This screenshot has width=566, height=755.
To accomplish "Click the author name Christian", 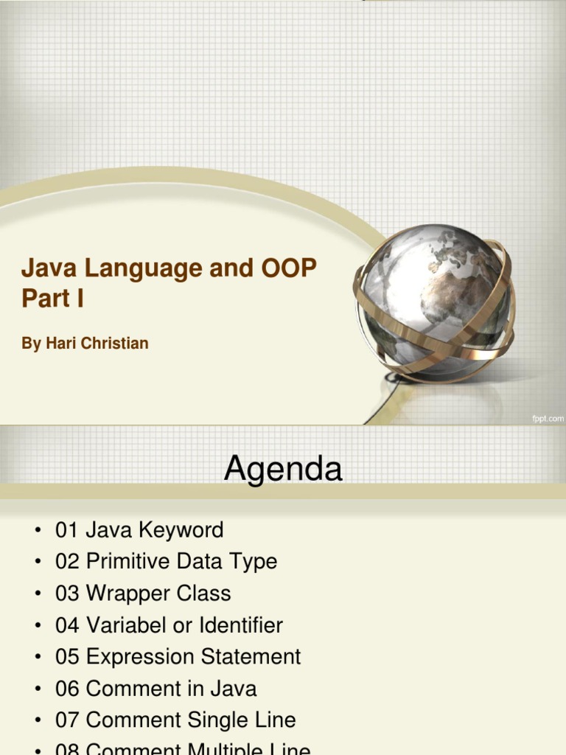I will (x=118, y=344).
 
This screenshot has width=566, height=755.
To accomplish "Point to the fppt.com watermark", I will (x=548, y=418).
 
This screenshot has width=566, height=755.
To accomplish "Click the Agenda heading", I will (x=283, y=468).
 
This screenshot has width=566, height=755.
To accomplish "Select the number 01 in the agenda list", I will (x=67, y=530).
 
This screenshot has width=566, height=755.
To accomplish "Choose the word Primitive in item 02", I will (x=130, y=562).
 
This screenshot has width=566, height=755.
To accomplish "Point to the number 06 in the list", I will (x=67, y=689).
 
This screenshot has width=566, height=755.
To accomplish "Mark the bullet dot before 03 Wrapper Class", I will (x=35, y=594).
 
